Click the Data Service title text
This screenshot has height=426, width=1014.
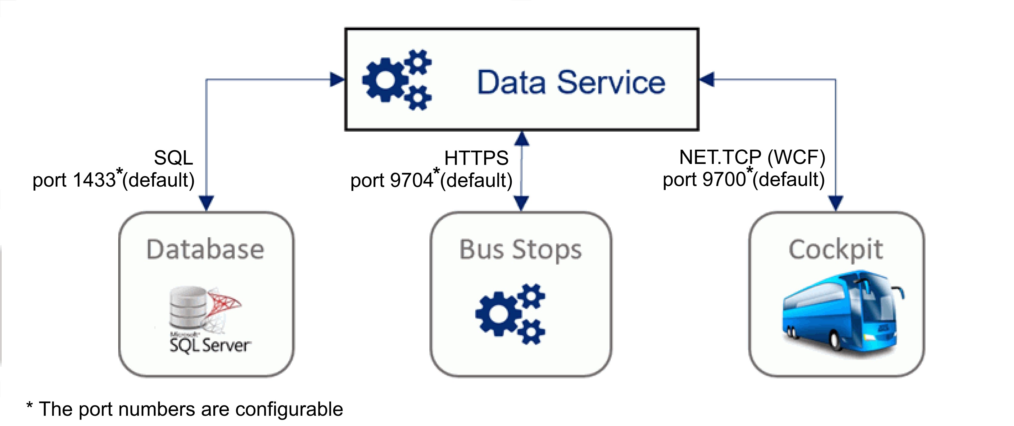pyautogui.click(x=571, y=83)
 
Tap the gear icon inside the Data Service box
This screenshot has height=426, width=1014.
pyautogui.click(x=396, y=80)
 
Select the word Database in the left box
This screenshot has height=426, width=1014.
pyautogui.click(x=205, y=250)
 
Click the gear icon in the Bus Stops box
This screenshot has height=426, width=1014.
pyautogui.click(x=510, y=314)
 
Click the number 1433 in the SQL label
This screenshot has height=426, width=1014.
pyautogui.click(x=94, y=180)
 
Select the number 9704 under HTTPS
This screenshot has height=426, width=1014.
pyautogui.click(x=412, y=181)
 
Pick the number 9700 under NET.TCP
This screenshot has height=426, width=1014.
pyautogui.click(x=724, y=179)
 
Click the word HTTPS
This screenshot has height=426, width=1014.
pyautogui.click(x=476, y=158)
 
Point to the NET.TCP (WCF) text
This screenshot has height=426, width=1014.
pyautogui.click(x=752, y=157)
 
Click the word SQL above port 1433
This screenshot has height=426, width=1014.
pyautogui.click(x=174, y=158)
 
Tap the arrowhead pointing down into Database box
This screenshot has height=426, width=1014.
pyautogui.click(x=206, y=203)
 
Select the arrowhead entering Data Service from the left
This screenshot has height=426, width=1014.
pyautogui.click(x=337, y=79)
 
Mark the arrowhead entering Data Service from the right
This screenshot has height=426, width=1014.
pyautogui.click(x=707, y=79)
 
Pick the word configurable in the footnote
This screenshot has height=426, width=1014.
pyautogui.click(x=289, y=410)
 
